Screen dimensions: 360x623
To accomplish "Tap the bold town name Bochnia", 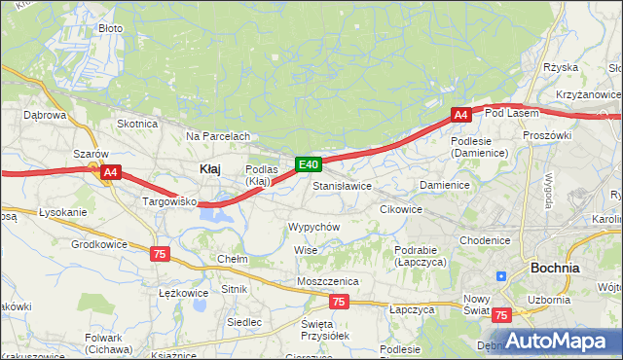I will [555, 268].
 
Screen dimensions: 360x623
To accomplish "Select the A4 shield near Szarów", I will [110, 173].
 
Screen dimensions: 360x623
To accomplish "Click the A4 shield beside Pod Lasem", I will [461, 115].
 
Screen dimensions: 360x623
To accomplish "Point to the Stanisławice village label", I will [342, 185].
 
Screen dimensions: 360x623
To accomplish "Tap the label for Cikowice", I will [401, 209].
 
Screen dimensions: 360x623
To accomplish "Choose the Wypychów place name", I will [312, 227].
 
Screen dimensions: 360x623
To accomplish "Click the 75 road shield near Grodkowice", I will [160, 253].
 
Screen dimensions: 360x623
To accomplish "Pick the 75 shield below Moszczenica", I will [338, 302].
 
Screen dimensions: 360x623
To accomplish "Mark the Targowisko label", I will [170, 202].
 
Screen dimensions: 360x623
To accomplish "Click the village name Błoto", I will [111, 28].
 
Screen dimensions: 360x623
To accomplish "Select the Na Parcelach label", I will [218, 136].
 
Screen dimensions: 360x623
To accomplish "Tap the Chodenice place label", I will [485, 240].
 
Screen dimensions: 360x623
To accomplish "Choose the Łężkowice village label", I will [183, 293].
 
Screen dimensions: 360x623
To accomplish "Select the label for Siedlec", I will [243, 321].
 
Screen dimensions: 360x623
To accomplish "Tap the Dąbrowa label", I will [44, 115].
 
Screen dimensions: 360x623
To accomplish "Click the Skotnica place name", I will [137, 124].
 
